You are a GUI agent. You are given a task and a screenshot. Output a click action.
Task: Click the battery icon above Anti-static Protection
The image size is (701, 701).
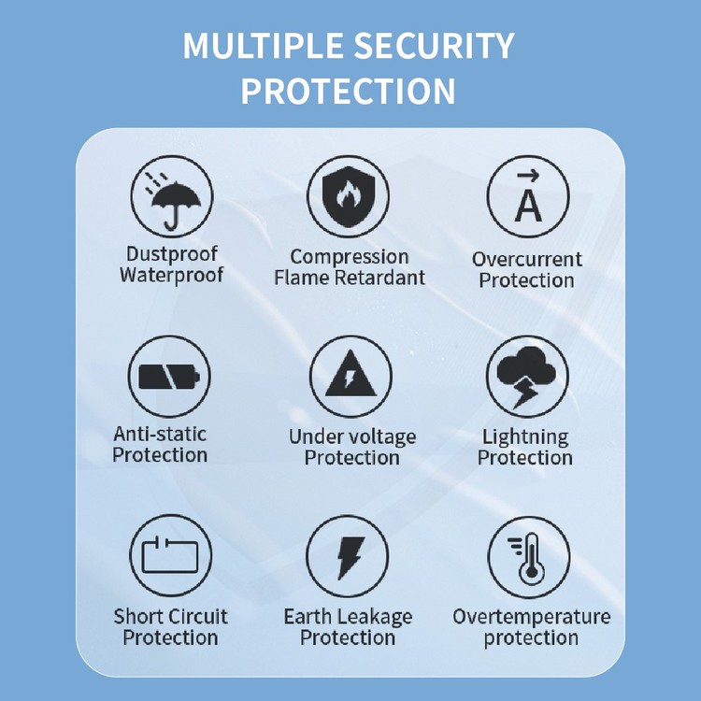click(169, 376)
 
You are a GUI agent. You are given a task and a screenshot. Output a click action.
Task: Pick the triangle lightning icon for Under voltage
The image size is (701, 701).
click(350, 377)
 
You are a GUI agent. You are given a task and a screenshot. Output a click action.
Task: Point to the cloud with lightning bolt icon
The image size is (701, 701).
click(526, 376)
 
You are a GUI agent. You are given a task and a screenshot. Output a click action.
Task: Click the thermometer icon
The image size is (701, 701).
click(528, 558)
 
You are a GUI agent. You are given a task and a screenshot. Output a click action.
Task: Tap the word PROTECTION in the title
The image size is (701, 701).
click(349, 92)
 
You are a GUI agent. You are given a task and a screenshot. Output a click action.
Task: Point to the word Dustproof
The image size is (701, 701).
click(171, 254)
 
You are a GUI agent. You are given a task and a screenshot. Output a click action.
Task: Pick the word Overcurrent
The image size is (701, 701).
click(527, 259)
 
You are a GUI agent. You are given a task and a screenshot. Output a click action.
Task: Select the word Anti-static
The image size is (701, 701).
click(160, 434)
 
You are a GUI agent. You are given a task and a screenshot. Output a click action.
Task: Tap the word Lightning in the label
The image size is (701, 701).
click(525, 436)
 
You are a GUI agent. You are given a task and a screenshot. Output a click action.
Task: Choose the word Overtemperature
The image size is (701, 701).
click(531, 617)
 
